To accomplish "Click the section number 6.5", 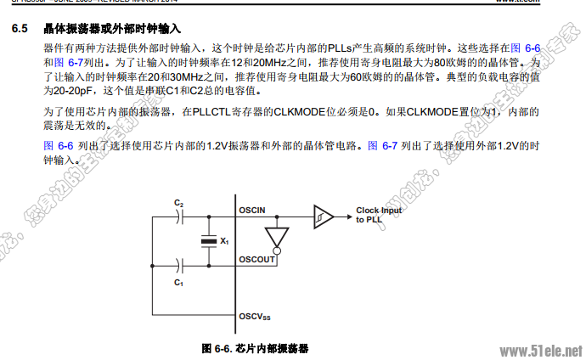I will point(21,30).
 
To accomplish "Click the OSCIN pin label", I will point(253,210).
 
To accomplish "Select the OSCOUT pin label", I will point(256,259).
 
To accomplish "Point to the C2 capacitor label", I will point(178,204).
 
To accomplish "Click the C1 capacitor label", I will point(178,280).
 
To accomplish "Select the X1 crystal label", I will point(224,242).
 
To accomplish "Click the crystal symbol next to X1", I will point(206,242).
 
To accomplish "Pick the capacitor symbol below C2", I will point(179,217).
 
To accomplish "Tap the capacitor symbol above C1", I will point(179,265).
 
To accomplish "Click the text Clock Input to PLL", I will point(379,215).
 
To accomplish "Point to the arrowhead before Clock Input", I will point(347,216).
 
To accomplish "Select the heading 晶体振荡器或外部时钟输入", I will point(110,30).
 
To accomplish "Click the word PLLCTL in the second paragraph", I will point(215,111).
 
